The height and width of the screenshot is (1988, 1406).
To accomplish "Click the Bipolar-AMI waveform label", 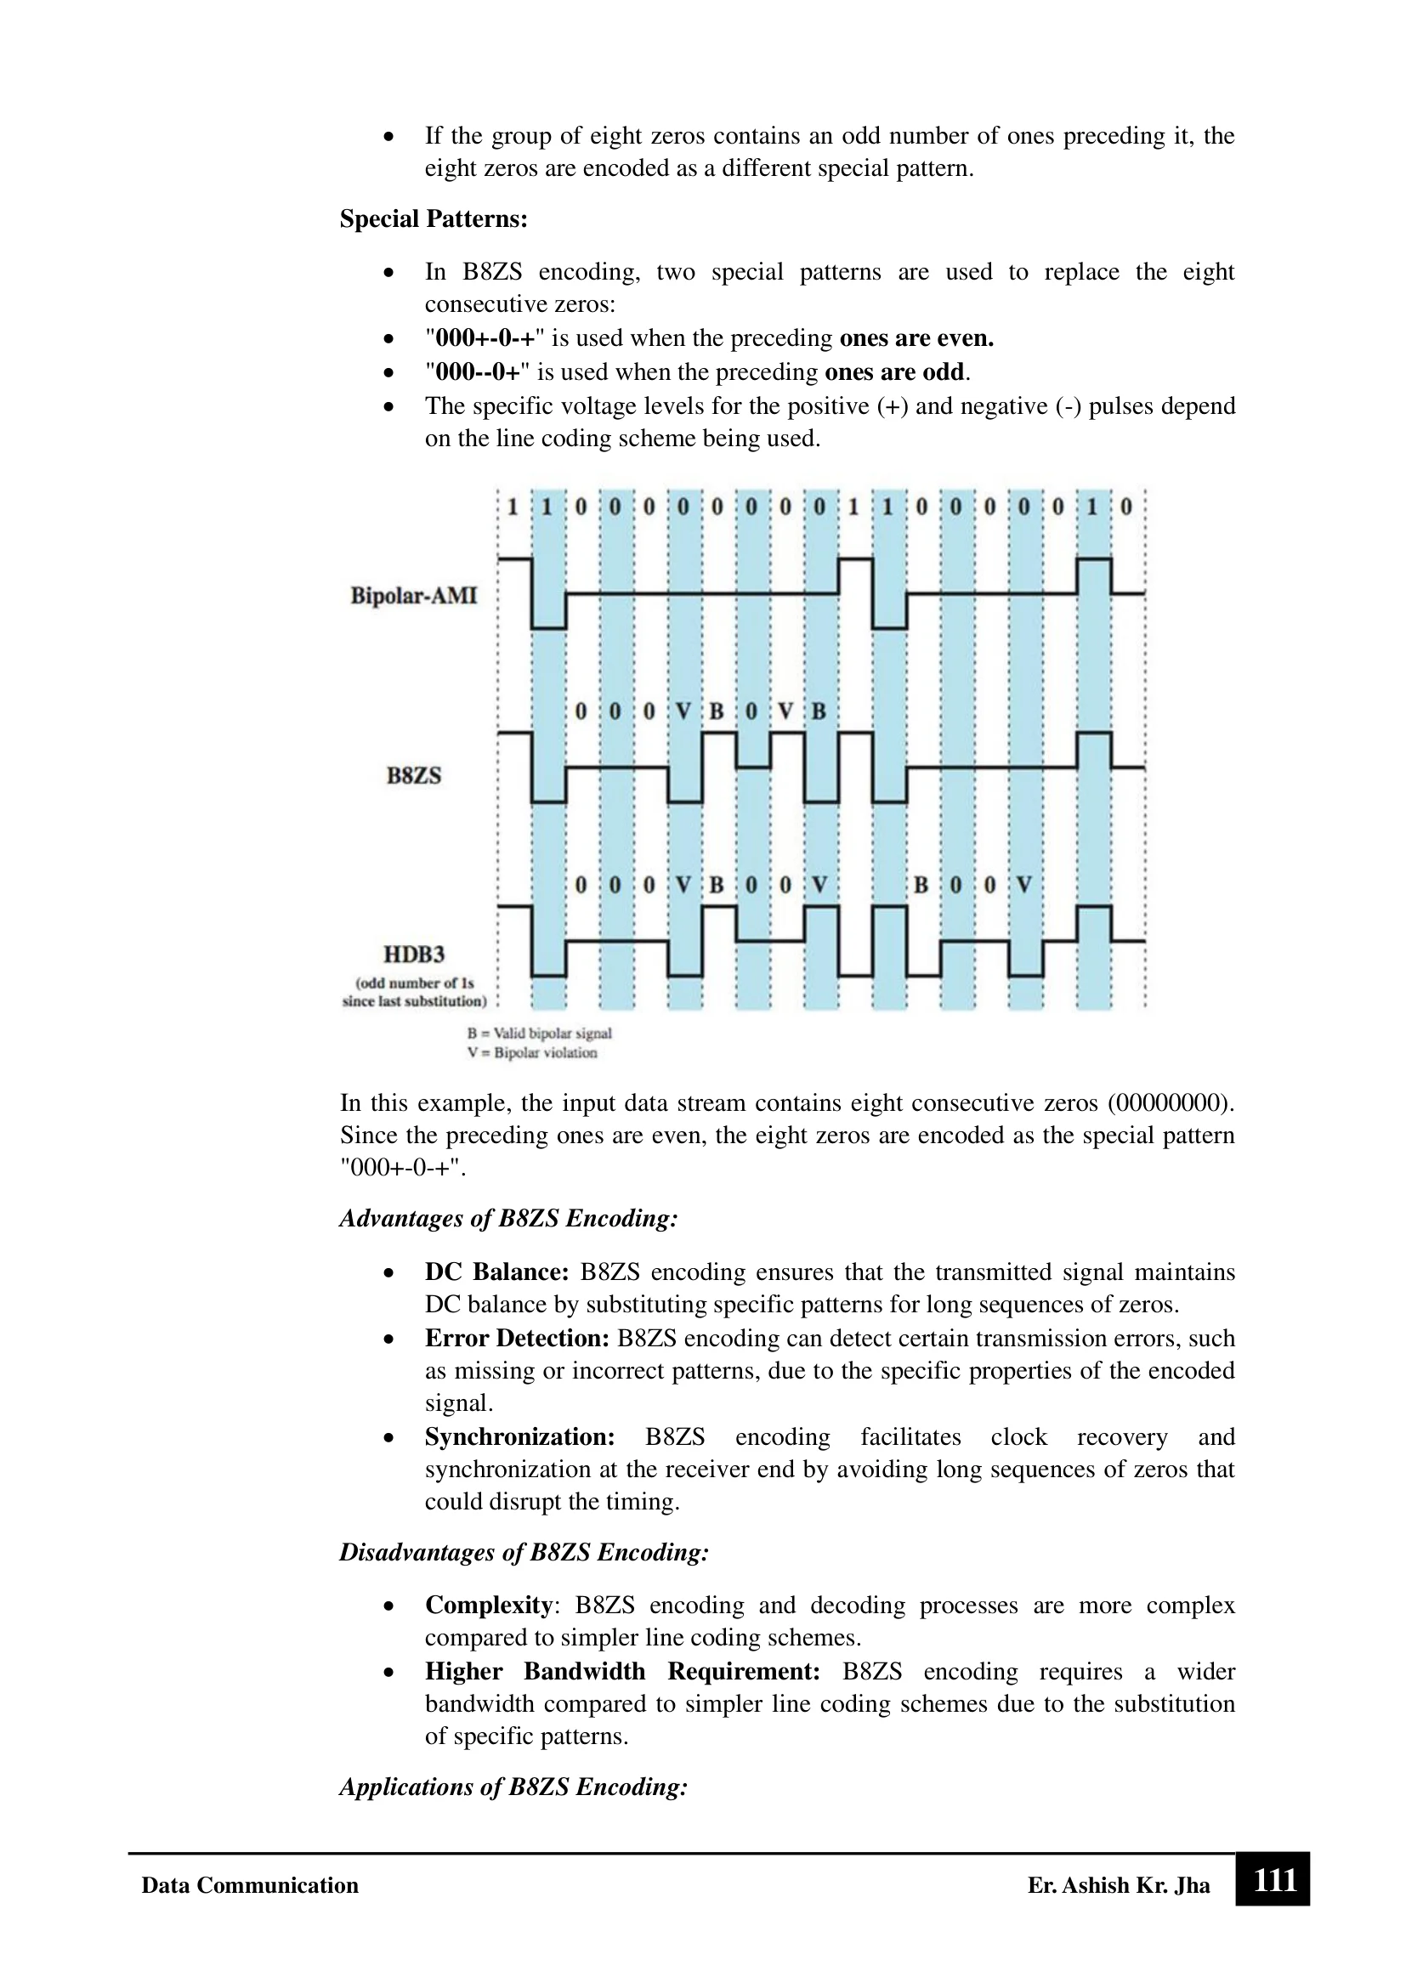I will coord(413,596).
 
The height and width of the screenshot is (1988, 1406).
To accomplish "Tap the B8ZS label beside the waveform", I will coord(413,775).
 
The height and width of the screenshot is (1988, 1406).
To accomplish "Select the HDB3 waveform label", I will coord(414,954).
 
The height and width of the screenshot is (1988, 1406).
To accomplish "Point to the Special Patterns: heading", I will coord(433,219).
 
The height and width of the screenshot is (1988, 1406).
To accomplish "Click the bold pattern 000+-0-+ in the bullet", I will coord(485,338).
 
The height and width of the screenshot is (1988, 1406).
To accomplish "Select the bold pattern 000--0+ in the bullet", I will coord(478,372).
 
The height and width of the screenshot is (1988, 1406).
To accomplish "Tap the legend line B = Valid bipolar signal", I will coord(538,1033).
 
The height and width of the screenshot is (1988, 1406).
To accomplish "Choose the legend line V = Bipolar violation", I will coord(531,1053).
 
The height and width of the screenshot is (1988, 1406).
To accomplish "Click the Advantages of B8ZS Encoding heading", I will coord(508,1219).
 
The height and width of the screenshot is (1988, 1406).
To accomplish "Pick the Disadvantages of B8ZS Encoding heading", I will coord(524,1553).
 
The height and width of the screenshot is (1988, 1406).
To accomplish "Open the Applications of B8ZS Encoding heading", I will coord(513,1787).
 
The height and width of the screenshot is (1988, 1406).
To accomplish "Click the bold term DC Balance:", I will coord(496,1273).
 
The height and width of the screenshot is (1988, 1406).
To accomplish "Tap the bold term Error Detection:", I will coord(517,1339).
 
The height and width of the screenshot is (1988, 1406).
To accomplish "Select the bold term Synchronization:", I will coord(519,1437).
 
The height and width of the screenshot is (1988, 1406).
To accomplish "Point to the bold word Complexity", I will coord(488,1606).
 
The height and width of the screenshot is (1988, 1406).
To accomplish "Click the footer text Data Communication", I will coord(249,1886).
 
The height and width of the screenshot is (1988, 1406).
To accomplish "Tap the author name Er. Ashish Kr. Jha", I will coord(1119,1886).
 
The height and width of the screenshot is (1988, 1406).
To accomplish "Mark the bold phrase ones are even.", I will coord(916,338).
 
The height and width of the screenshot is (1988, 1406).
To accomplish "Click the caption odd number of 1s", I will coord(415,983).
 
